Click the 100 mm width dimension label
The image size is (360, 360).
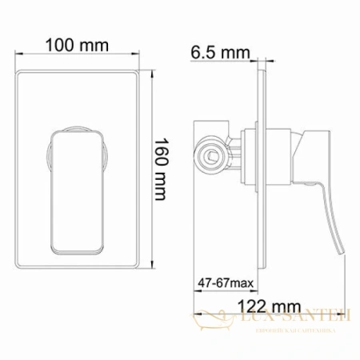[x=78, y=45]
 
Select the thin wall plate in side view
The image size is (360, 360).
[x=254, y=176]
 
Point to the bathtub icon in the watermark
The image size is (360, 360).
[x=212, y=321]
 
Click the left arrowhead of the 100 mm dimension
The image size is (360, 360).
[x=16, y=58]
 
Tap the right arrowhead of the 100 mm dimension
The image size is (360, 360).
[x=141, y=58]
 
